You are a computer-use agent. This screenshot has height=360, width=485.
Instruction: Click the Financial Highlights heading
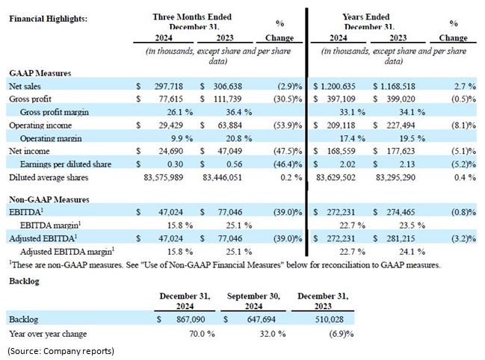(x=49, y=19)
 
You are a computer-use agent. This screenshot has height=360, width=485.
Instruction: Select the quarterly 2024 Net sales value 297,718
(x=169, y=86)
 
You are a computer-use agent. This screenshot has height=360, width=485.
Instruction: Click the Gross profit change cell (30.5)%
(x=288, y=99)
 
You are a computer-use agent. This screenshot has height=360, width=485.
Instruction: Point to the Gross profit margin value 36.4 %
(x=238, y=112)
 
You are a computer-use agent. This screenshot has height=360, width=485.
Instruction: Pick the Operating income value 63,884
(x=228, y=125)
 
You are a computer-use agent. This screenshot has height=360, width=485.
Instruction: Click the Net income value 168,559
(x=341, y=151)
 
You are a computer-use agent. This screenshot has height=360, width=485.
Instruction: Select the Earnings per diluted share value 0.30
(x=175, y=164)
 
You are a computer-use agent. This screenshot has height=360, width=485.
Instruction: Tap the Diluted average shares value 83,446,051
(x=222, y=177)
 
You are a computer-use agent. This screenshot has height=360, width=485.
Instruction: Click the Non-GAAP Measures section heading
(x=49, y=199)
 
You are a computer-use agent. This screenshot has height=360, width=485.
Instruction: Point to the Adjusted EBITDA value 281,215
(x=401, y=238)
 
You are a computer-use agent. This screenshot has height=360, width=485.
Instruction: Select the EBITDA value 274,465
(x=401, y=212)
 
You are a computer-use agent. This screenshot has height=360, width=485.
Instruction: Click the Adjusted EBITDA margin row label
(x=67, y=252)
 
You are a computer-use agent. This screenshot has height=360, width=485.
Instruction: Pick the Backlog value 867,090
(x=191, y=319)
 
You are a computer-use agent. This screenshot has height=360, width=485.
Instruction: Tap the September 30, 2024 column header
(x=253, y=301)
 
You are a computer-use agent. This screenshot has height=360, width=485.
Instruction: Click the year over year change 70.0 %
(x=202, y=334)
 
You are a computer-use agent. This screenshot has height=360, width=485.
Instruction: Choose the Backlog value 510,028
(x=329, y=319)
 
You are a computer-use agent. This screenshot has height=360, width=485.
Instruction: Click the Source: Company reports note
(x=61, y=351)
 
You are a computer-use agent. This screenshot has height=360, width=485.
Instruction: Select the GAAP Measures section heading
(x=40, y=73)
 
